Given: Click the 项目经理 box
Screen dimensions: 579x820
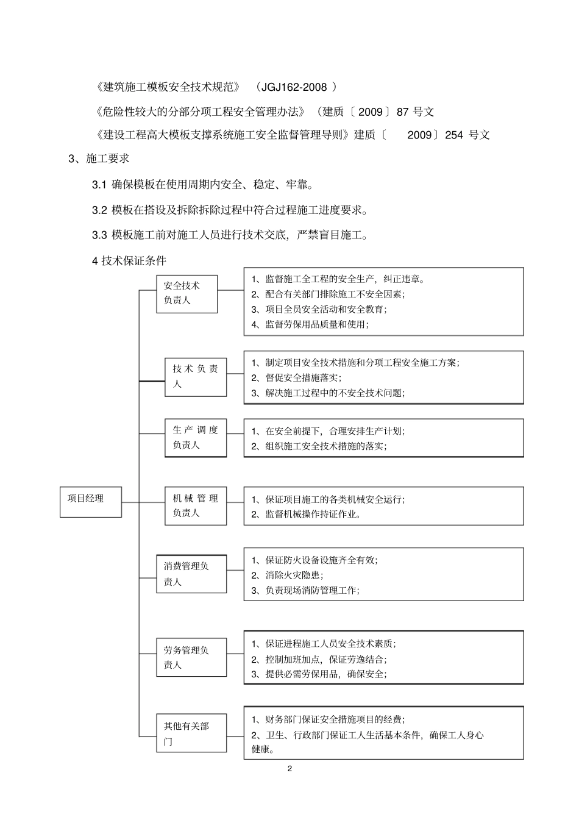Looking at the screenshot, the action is (90, 501).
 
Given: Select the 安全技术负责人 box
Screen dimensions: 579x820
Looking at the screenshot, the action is (186, 293).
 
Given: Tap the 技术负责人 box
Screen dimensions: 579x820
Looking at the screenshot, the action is (195, 377).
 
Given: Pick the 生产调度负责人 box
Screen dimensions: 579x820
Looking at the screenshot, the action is (195, 438).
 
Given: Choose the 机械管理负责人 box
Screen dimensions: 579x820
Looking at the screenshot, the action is (195, 506).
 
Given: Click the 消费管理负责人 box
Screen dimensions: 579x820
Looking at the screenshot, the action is (191, 574).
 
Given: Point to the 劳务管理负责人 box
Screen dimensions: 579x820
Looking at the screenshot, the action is (191, 657).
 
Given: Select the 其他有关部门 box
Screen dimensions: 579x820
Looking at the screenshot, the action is (191, 734).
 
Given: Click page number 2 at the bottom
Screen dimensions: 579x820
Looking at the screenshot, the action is (289, 768).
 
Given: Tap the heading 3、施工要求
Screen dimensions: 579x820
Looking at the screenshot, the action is (99, 159).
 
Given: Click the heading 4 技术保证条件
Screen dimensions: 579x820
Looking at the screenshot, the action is (129, 261).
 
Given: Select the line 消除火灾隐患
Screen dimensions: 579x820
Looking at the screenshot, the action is (294, 575).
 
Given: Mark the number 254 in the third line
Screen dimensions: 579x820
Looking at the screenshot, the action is (454, 135).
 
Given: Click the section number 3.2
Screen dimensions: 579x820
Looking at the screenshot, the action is (99, 210).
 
